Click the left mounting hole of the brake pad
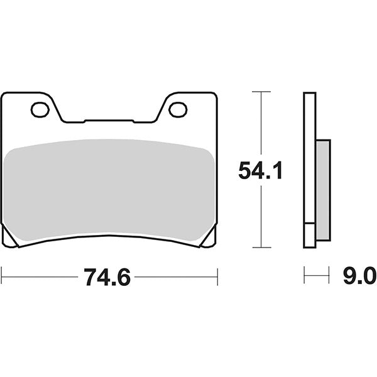click(40, 110)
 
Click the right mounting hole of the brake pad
click(178, 110)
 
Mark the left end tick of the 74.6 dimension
click(3, 276)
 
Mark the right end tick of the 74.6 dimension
click(217, 276)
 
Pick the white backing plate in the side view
click(309, 170)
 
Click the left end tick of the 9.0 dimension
click(304, 275)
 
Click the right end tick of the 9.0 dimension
click(329, 275)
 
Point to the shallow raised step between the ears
click(119, 119)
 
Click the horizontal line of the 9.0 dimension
click(316, 275)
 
